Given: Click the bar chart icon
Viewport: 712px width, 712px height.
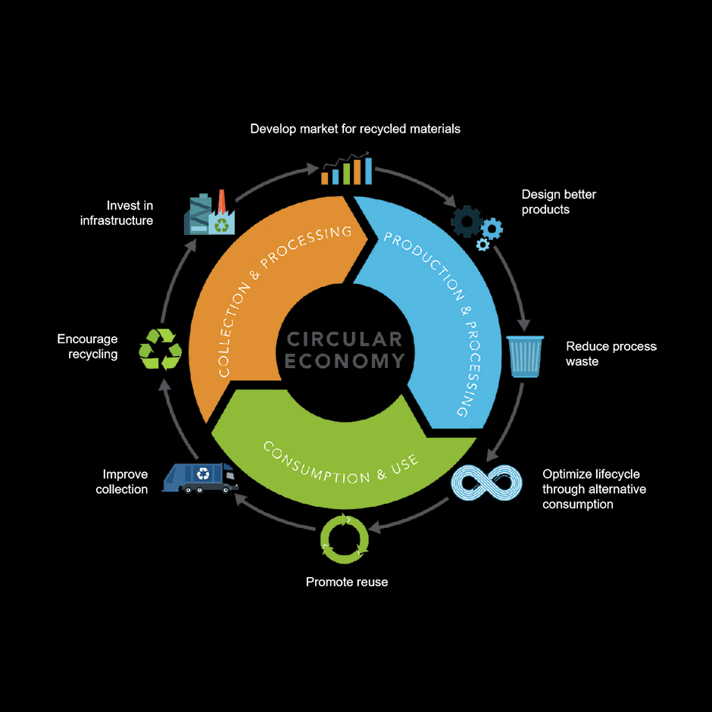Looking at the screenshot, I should [x=346, y=170].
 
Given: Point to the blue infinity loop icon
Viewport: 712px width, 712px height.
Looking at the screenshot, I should [x=486, y=483].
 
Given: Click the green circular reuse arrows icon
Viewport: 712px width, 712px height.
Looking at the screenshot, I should [x=345, y=539].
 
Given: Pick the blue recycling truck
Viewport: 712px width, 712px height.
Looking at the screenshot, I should [x=200, y=477].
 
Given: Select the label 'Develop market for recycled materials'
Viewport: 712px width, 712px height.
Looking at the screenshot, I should [x=355, y=129].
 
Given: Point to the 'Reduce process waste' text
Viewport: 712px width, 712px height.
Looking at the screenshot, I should [x=611, y=354].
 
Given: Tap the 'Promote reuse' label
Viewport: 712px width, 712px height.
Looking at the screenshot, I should [x=347, y=582].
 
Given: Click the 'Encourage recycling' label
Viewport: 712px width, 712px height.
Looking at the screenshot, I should [x=88, y=347].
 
